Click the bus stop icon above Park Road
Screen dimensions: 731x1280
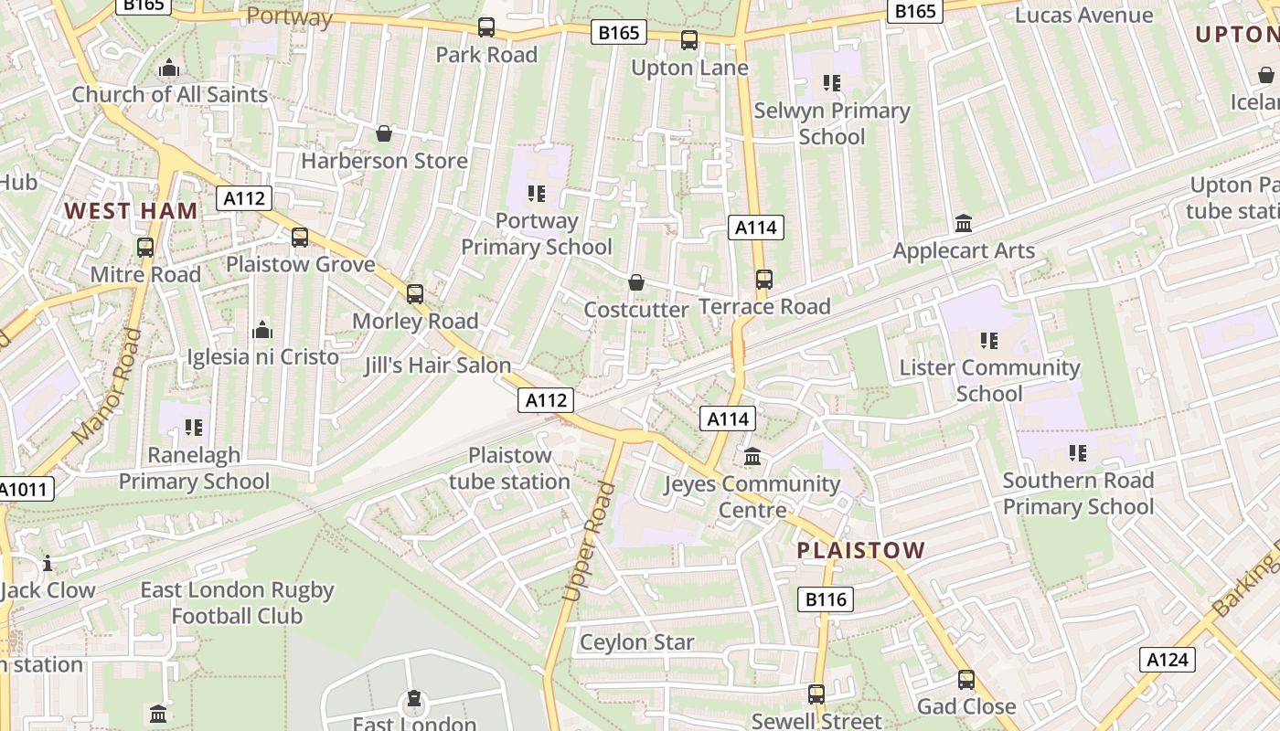click(486, 27)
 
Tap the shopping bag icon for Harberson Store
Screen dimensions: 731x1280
click(384, 134)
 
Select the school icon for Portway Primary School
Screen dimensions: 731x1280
click(537, 194)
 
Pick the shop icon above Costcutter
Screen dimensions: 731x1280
click(636, 282)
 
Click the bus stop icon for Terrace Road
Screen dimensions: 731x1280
click(763, 280)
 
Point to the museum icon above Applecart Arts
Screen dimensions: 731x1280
click(963, 223)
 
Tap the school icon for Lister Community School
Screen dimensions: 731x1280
click(988, 341)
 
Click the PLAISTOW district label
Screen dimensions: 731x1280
click(861, 550)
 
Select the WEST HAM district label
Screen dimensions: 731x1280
click(131, 211)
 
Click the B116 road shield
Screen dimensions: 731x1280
click(827, 599)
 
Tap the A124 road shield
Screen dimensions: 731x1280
click(1168, 660)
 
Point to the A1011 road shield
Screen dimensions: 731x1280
click(26, 489)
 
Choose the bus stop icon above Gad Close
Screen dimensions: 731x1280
click(966, 680)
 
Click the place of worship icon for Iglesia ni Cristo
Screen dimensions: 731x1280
click(262, 330)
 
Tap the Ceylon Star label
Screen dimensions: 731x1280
click(637, 642)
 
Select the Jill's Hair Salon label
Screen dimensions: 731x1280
click(437, 365)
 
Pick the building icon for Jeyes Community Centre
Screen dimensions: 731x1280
click(752, 456)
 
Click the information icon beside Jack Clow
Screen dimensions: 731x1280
click(48, 563)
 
